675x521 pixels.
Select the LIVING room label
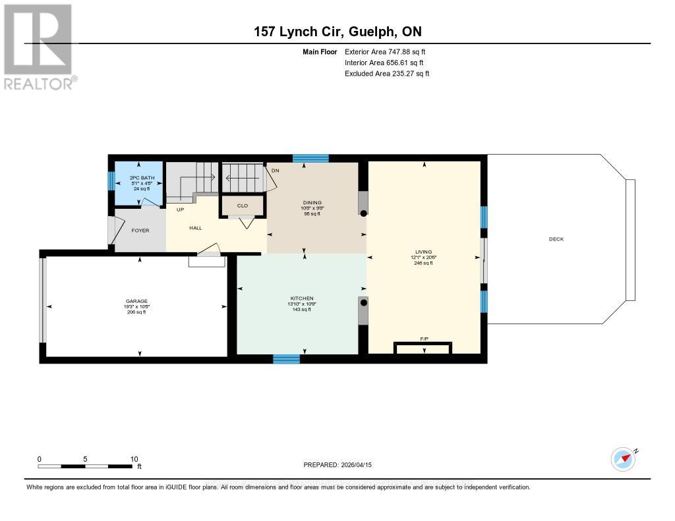coord(423,251)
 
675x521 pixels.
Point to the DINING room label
coord(311,203)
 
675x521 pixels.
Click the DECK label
coord(556,239)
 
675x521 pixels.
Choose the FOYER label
coord(140,231)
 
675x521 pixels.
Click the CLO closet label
coord(243,206)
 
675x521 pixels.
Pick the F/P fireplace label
coord(424,339)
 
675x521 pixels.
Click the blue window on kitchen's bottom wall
coord(286,359)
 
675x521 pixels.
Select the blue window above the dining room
coord(310,158)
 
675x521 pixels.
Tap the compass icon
coord(623,459)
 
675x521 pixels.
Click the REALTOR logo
coord(40,46)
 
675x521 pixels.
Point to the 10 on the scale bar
coord(134,459)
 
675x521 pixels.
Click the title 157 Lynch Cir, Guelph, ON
coord(337,32)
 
